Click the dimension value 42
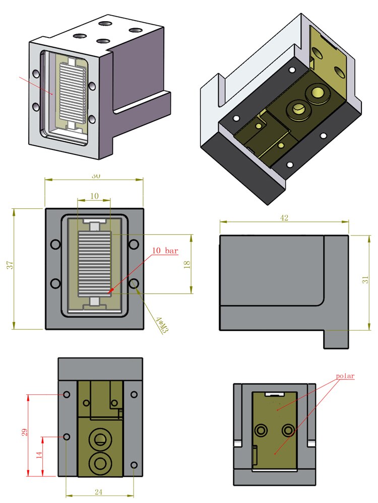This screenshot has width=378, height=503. point(283,218)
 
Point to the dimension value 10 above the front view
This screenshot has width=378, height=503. point(94,196)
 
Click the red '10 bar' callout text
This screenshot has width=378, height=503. point(165,250)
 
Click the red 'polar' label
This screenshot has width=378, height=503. point(346,376)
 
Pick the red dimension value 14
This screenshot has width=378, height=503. point(39,456)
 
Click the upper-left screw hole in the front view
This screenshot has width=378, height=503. point(55,244)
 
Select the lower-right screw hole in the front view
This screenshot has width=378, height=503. point(134,284)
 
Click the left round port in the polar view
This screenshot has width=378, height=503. point(261,430)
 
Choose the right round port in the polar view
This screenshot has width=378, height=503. point(288,430)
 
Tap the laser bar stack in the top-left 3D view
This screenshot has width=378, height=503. point(73,91)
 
